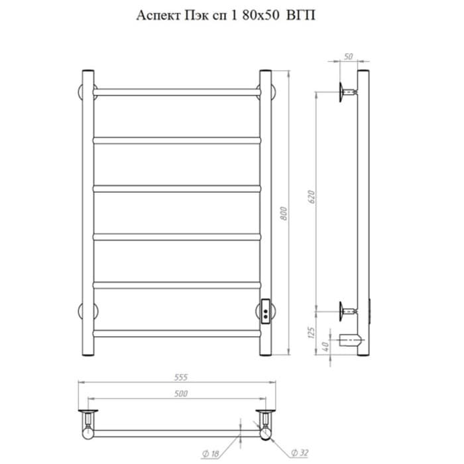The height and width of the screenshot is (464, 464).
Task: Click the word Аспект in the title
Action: (x=158, y=15)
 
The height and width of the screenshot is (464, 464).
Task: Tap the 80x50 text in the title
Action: (x=261, y=15)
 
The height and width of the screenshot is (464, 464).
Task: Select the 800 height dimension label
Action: (x=284, y=213)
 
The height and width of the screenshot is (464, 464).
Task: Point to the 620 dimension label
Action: (x=312, y=197)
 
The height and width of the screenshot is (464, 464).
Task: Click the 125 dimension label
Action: (x=311, y=333)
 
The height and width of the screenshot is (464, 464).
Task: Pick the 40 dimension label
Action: (x=325, y=345)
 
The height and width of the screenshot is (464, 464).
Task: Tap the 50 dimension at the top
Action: (x=349, y=56)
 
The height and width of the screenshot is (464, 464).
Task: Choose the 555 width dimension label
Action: (x=181, y=377)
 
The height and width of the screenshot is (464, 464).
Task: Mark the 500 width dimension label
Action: (x=181, y=394)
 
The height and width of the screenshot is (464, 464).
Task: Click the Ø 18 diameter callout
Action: (x=210, y=453)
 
